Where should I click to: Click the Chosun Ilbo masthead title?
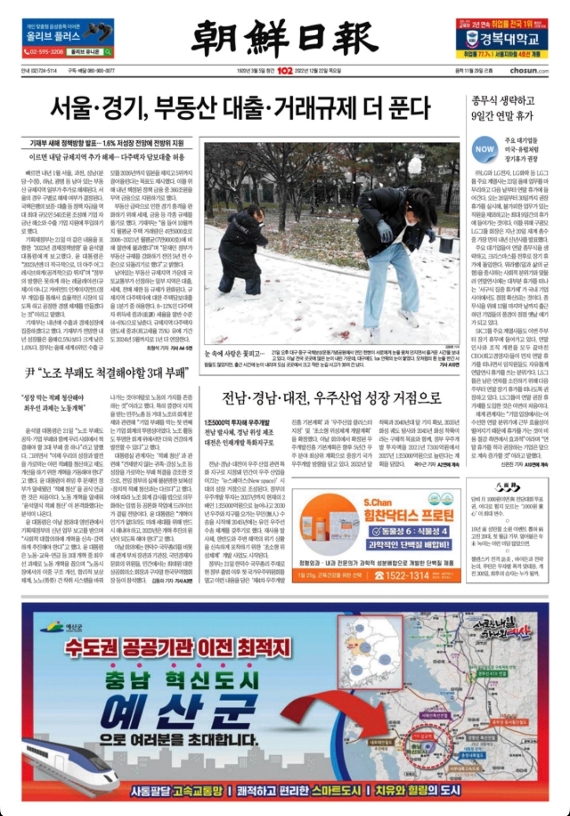click(284, 38)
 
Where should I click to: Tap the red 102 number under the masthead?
click(285, 71)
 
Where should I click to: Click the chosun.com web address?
click(529, 71)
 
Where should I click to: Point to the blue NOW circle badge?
click(484, 149)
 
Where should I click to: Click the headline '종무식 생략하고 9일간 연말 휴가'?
click(503, 108)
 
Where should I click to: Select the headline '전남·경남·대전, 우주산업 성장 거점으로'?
click(332, 398)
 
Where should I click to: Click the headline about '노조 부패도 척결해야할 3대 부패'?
click(107, 374)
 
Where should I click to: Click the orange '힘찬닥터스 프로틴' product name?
click(408, 516)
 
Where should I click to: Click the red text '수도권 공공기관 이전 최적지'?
click(177, 647)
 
